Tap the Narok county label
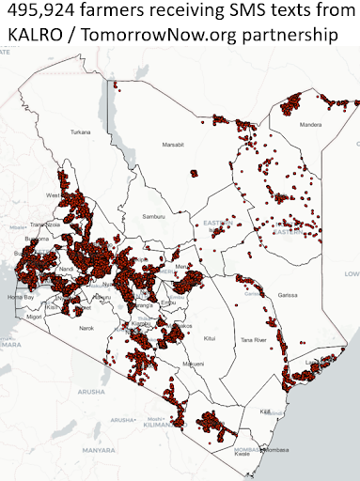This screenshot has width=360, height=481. pos(86,327)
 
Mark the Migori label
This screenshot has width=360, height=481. pos(36,318)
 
